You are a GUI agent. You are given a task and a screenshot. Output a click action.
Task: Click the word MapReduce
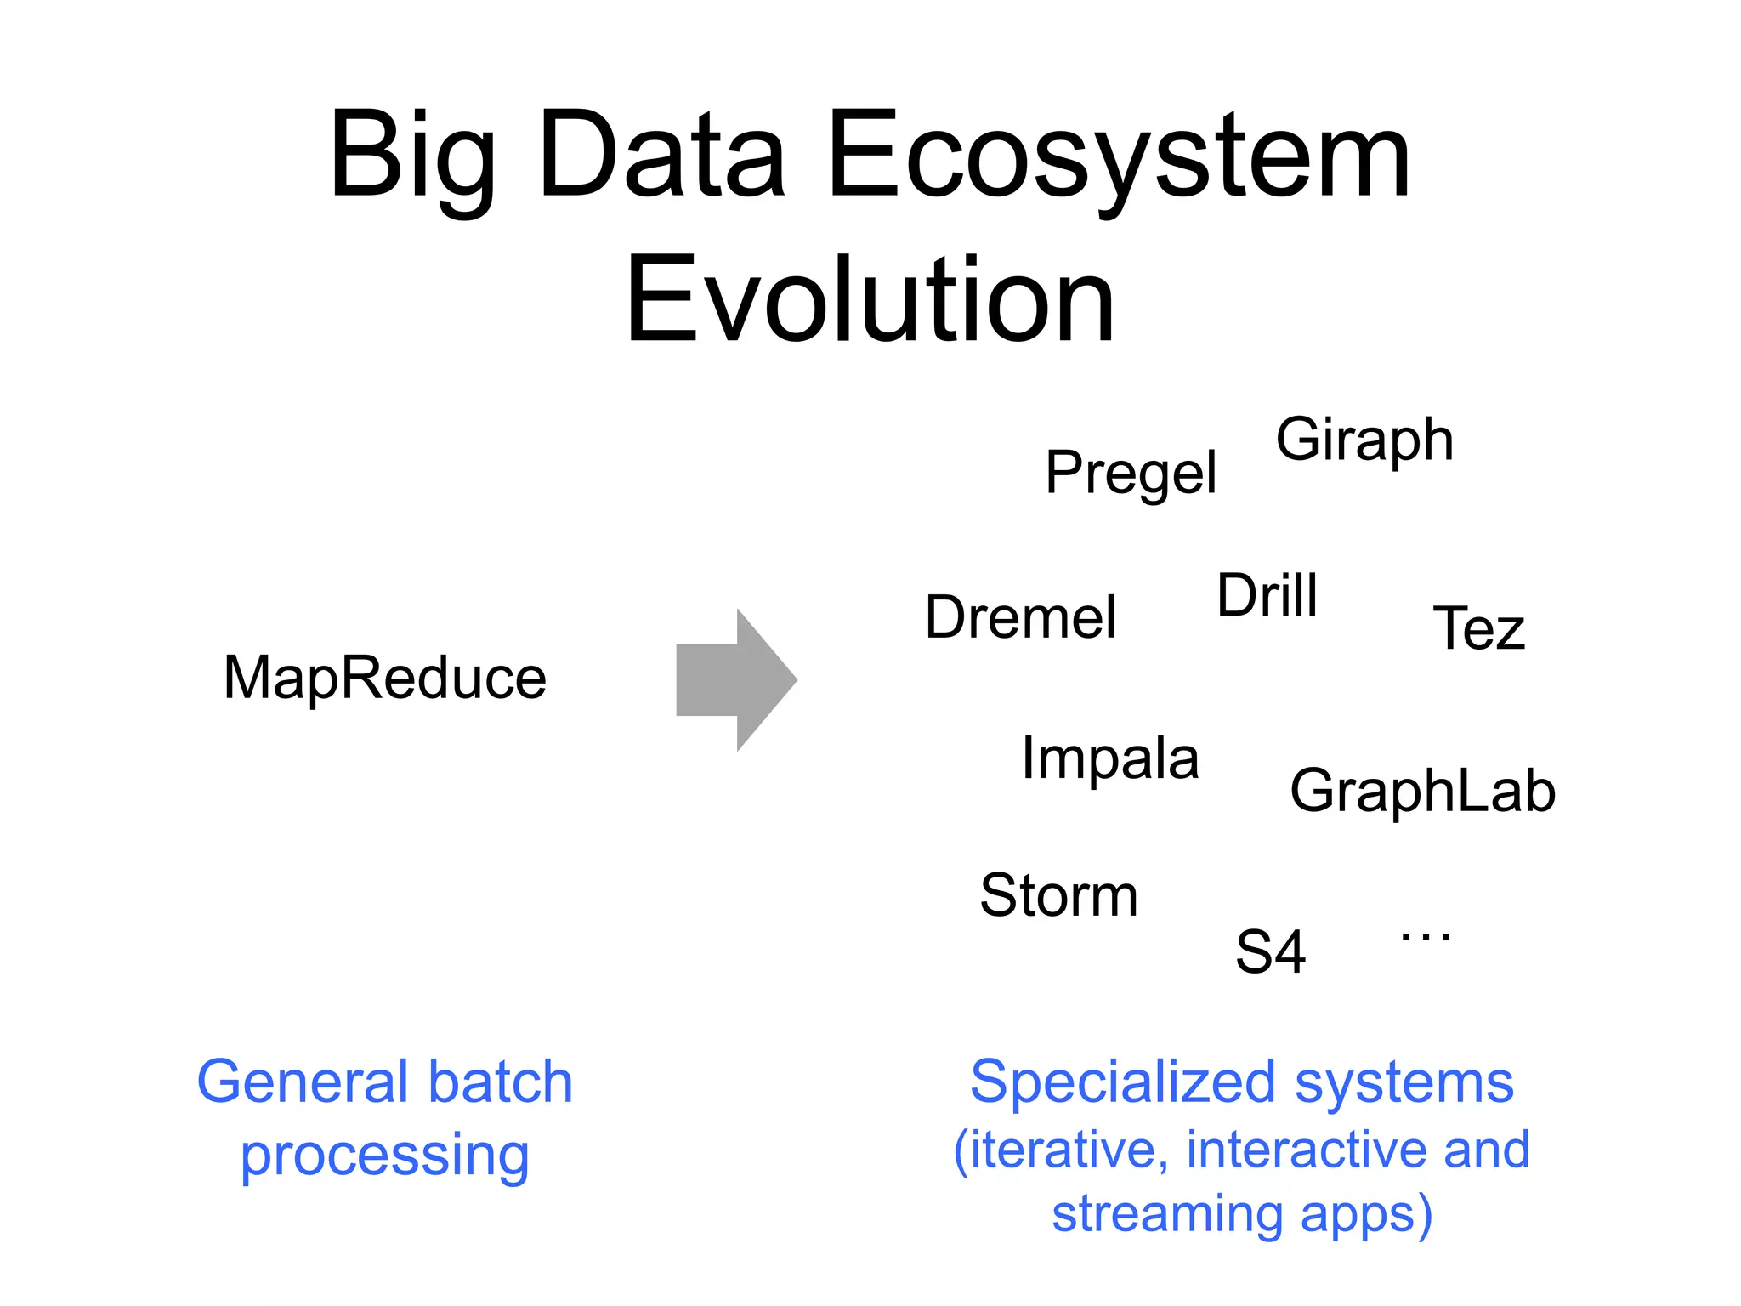coord(384,679)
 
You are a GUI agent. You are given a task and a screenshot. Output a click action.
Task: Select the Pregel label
coord(1131,473)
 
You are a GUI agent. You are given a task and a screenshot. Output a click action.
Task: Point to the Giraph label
coord(1364,440)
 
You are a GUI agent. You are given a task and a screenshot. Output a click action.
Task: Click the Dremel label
coord(1020,617)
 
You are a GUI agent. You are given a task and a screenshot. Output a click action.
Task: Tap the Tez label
coord(1479,629)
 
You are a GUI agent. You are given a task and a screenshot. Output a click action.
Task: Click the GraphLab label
coord(1422,791)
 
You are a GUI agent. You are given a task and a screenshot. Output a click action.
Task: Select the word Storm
coord(1058,895)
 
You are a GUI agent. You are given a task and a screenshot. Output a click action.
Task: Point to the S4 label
coord(1270,952)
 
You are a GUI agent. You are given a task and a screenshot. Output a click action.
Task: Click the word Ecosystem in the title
coord(1118,157)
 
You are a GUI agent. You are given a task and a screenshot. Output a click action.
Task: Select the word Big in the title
coord(412,157)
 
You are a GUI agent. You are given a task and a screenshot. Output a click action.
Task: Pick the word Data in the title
coord(661,157)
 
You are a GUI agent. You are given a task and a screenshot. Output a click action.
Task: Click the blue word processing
coord(384,1156)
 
